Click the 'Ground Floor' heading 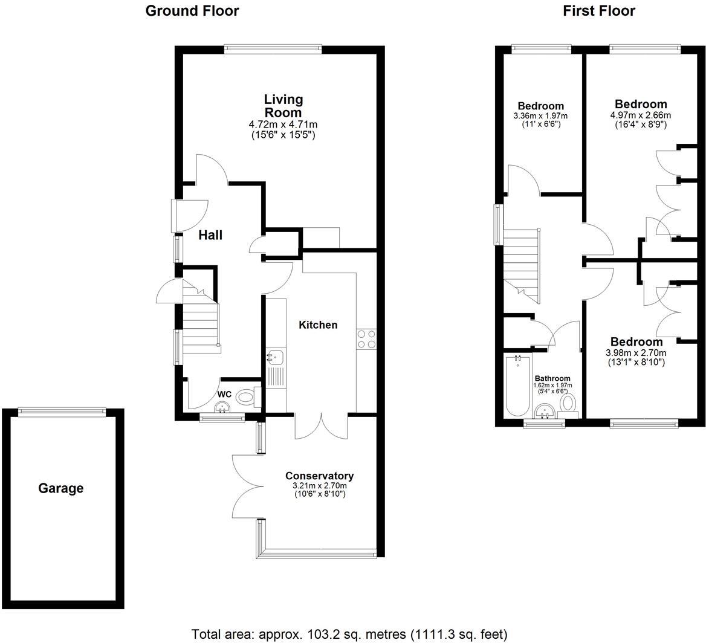[192, 11]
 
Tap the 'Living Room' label [283, 106]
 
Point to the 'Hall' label [210, 235]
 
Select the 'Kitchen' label [318, 325]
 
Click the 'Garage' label [61, 488]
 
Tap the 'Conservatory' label [319, 476]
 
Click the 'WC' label [224, 394]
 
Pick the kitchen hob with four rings [366, 339]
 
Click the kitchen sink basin [275, 357]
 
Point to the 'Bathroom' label [552, 378]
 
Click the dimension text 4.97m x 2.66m [640, 115]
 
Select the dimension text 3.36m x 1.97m [540, 116]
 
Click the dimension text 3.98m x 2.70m [636, 353]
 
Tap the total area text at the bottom [349, 635]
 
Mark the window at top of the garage [62, 412]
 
